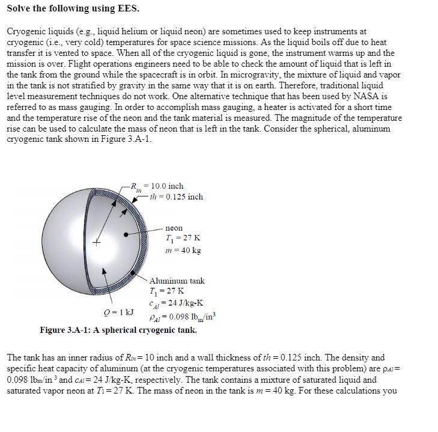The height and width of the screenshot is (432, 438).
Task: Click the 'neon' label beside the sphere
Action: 174,228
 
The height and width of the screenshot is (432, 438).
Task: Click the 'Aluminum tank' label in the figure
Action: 177,281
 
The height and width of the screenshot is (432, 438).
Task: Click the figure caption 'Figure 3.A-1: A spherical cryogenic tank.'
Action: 118,330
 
